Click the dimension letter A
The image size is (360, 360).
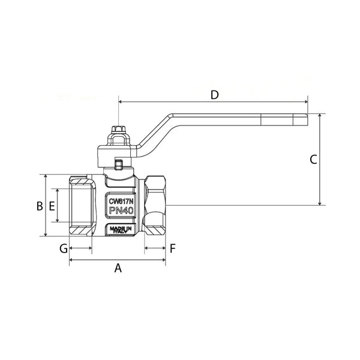point(118,269)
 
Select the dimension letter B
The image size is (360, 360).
point(39,206)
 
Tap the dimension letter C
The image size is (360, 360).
point(313,160)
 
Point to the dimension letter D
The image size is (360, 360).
point(214,95)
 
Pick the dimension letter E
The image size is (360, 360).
point(52,206)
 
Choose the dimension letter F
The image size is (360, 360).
point(172,248)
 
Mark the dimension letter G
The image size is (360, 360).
point(62,248)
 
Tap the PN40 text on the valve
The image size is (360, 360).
point(121,210)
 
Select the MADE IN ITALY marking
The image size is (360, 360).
point(121,229)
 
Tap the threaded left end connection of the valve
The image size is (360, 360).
point(80,205)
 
